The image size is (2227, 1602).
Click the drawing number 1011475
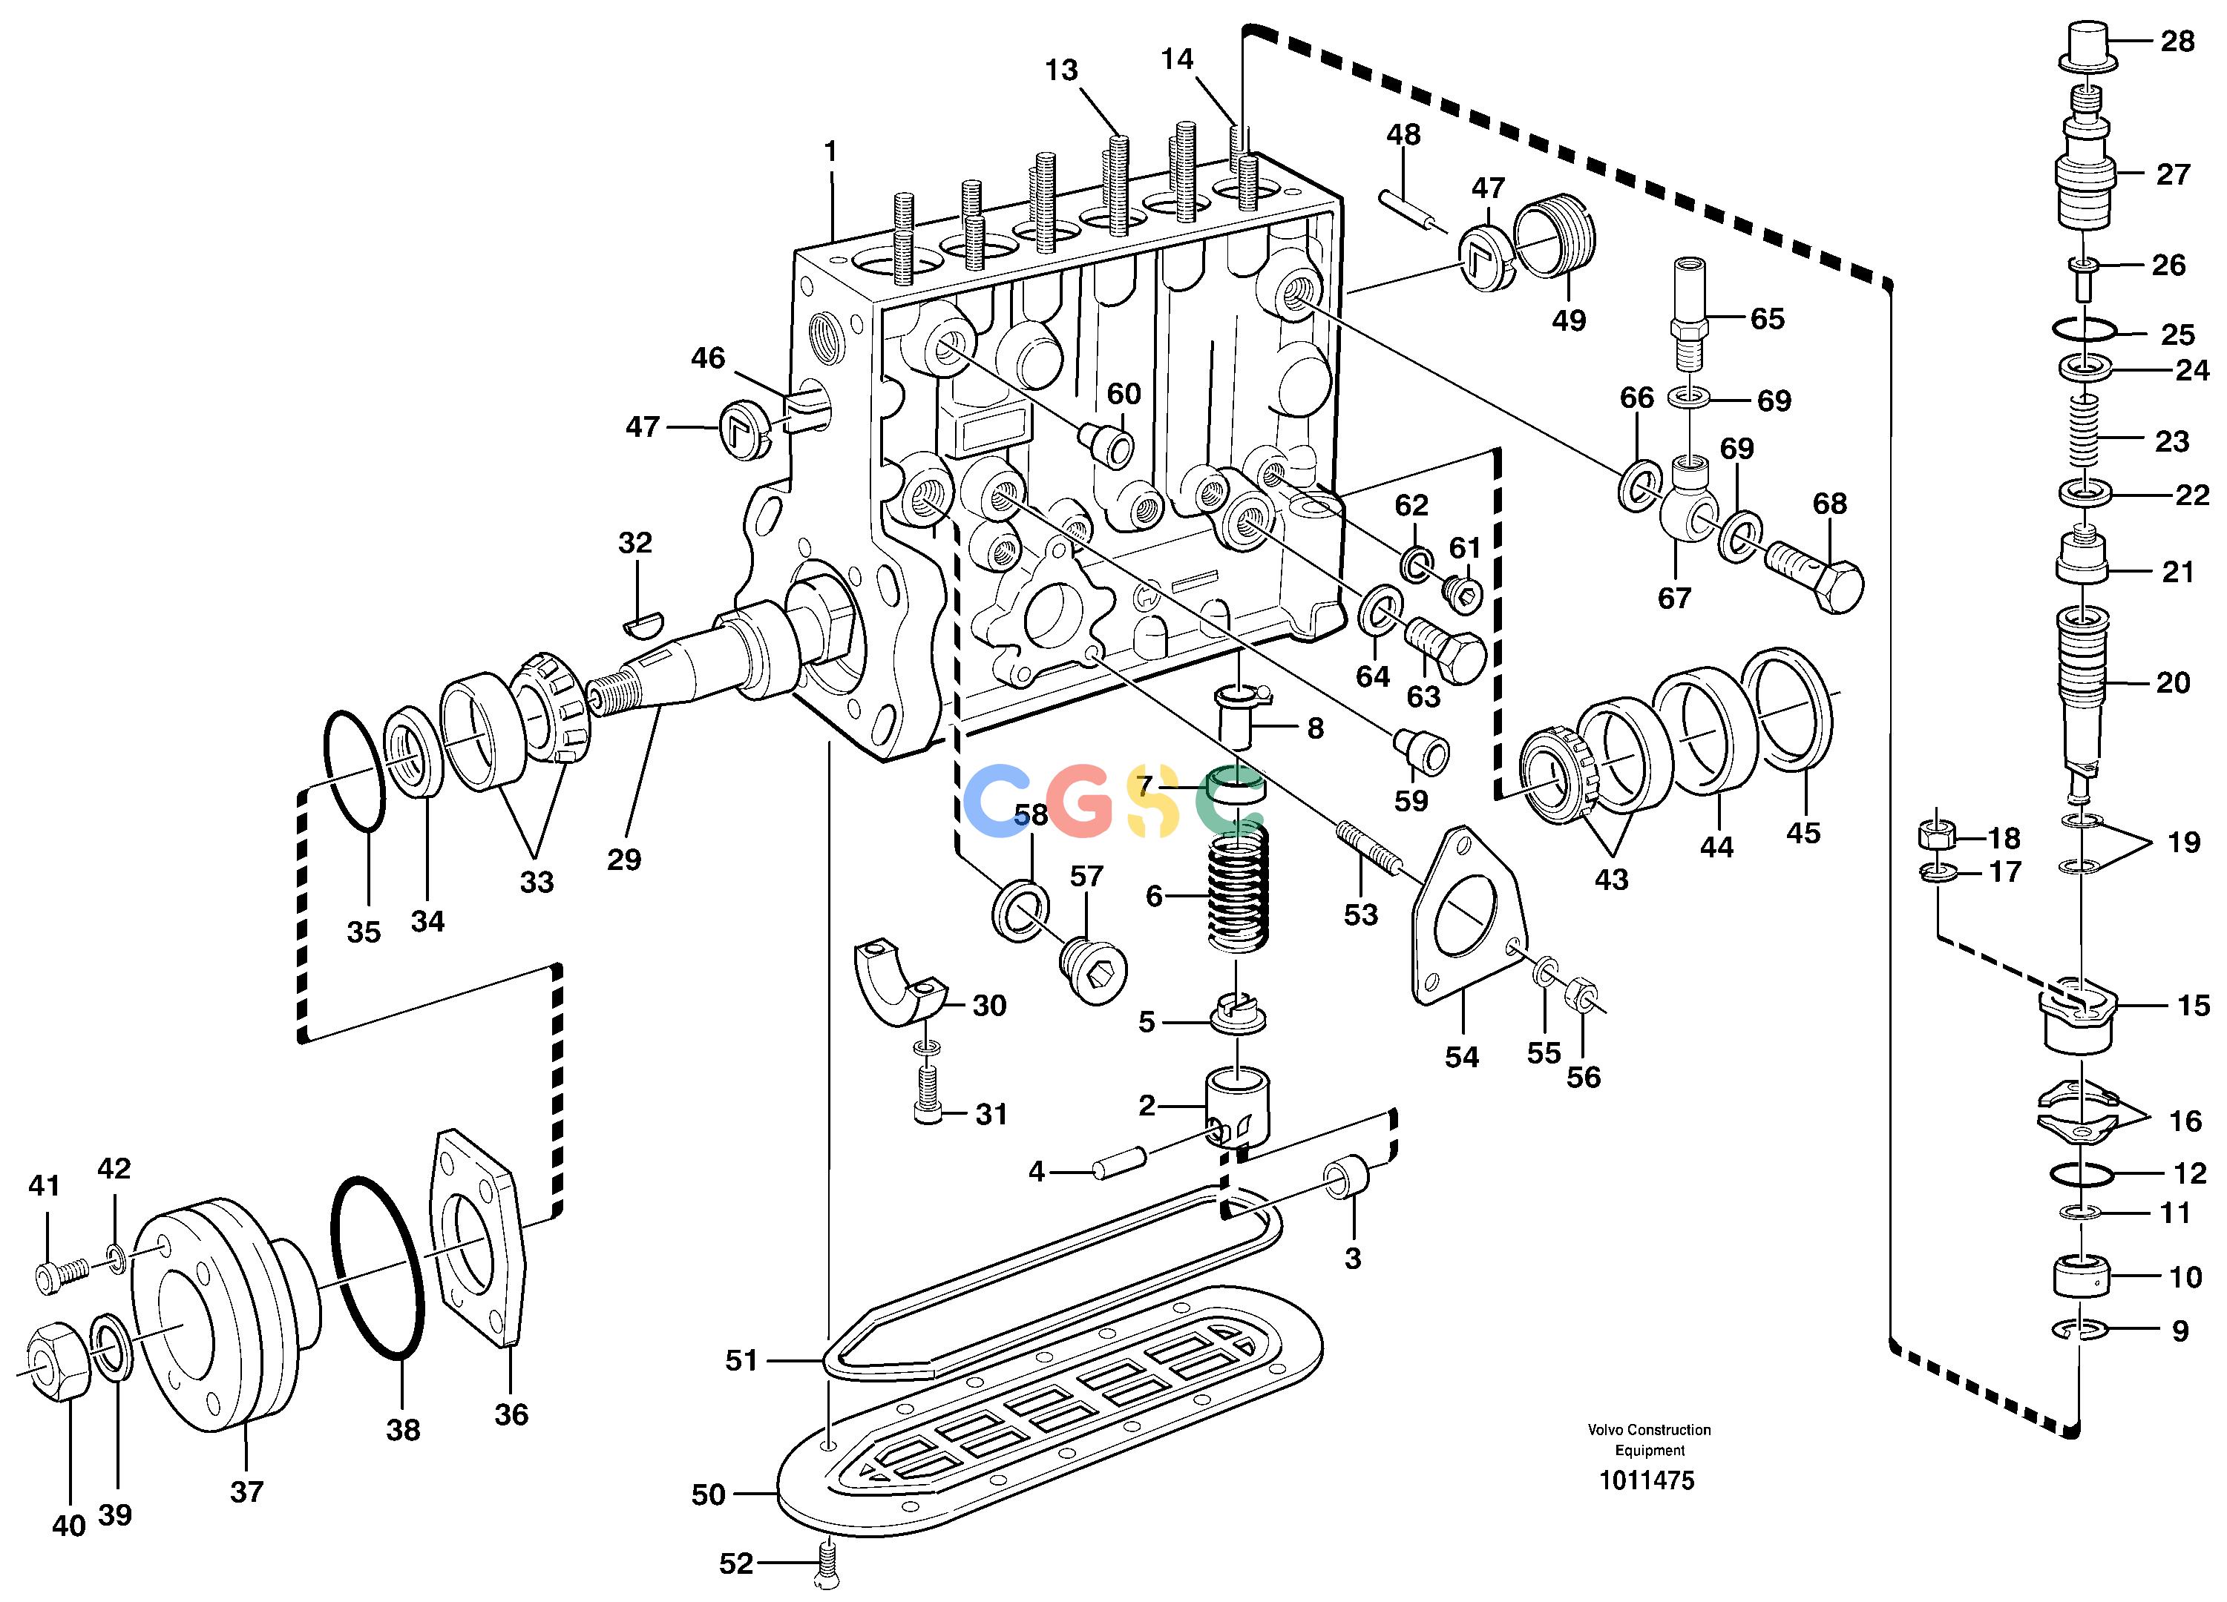point(1647,1480)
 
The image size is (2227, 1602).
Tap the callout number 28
point(2177,42)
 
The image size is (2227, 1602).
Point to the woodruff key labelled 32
point(644,619)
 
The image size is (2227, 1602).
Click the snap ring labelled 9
point(2078,1330)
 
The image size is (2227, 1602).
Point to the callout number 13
point(1061,70)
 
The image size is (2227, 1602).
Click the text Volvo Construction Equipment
point(1650,1440)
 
